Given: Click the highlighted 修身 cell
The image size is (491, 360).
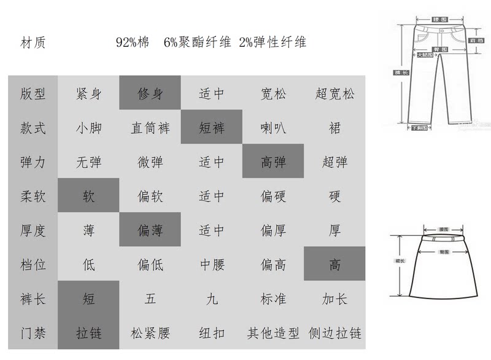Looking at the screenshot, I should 150,94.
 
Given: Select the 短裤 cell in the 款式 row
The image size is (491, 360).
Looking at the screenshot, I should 212,128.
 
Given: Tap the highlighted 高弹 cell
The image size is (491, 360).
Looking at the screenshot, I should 273,162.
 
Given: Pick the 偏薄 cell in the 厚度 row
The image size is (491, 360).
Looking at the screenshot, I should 150,230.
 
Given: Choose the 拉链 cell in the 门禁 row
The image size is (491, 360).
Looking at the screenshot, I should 88,334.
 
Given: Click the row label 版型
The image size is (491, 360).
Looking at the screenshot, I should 33,94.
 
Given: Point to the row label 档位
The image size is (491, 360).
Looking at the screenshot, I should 33,265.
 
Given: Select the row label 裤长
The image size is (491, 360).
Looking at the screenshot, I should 33,299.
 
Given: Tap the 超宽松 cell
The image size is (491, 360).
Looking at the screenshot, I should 334,94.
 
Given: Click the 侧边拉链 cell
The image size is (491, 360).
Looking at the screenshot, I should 335,334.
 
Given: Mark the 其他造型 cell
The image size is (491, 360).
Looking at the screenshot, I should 273,334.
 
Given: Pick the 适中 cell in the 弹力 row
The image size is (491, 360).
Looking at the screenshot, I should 212,162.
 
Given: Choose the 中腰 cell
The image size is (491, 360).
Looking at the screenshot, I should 212,265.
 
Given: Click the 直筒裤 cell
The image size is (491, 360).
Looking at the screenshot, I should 150,128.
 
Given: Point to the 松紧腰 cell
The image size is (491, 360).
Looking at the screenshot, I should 150,334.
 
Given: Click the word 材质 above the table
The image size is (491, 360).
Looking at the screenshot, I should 33,42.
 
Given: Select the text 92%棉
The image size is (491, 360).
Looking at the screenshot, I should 133,42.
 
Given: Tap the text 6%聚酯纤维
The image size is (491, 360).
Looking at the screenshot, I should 197,42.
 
